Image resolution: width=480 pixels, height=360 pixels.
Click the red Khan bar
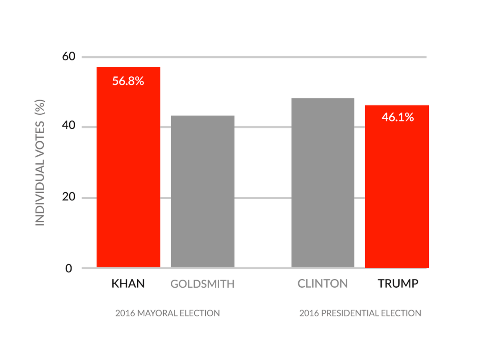tap(128, 167)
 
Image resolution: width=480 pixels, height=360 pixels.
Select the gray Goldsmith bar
tap(202, 191)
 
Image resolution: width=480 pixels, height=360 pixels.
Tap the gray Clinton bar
tap(323, 182)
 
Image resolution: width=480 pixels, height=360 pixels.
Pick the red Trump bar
tap(397, 186)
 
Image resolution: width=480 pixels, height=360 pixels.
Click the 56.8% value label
tap(128, 81)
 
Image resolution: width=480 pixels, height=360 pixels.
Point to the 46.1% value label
tap(398, 117)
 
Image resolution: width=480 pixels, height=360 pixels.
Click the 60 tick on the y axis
tap(69, 56)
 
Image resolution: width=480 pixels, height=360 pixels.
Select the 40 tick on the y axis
tap(69, 125)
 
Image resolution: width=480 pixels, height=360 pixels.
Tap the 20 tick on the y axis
tap(69, 196)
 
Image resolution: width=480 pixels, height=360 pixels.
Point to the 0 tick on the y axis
tap(69, 268)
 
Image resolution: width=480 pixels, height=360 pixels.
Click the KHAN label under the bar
tap(128, 284)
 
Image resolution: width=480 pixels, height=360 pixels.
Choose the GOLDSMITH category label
tap(202, 284)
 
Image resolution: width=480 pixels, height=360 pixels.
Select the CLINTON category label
tap(322, 284)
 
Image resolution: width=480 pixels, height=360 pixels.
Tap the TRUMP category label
tap(398, 284)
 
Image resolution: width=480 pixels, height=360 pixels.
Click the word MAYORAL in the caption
tap(157, 313)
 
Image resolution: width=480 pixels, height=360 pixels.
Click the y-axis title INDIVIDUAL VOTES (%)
tap(40, 162)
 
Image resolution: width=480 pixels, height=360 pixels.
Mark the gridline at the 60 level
tap(254, 57)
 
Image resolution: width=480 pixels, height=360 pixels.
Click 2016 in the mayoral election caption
tap(125, 313)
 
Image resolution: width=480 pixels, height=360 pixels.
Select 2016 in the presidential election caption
tap(309, 313)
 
